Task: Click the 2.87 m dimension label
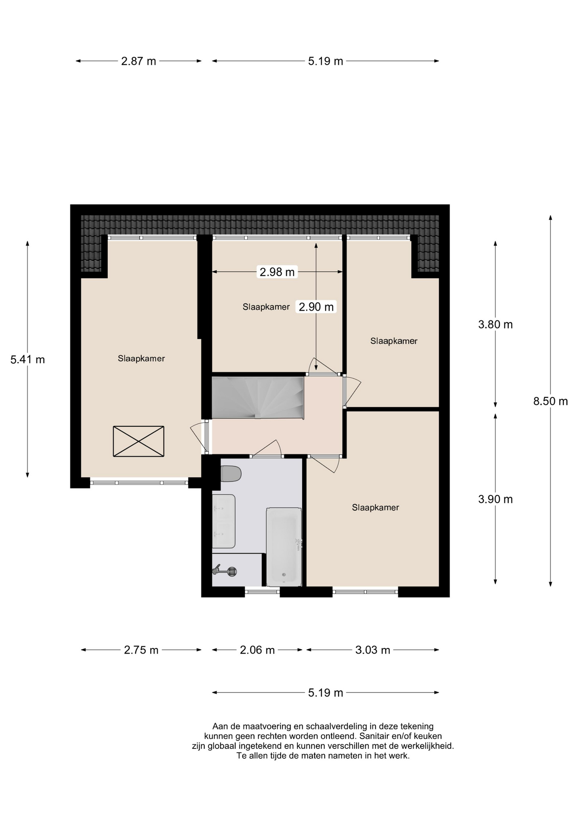pos(138,61)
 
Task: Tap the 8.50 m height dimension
pos(550,401)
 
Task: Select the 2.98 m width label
pos(277,272)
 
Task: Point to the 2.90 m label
pos(316,307)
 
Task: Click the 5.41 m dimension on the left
pos(28,360)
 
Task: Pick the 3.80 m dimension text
pos(495,325)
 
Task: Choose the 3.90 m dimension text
pos(495,499)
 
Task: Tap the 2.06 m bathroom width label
pos(257,650)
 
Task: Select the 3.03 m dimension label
pos(372,650)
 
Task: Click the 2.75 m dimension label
pos(141,650)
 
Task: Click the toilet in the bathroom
pos(230,474)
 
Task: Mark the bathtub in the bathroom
pos(284,546)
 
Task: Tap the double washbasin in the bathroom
pos(223,521)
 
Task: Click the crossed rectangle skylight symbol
pos(138,441)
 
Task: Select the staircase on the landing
pos(258,398)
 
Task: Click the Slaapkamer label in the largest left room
pos(141,359)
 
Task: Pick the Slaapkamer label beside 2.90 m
pos(266,307)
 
